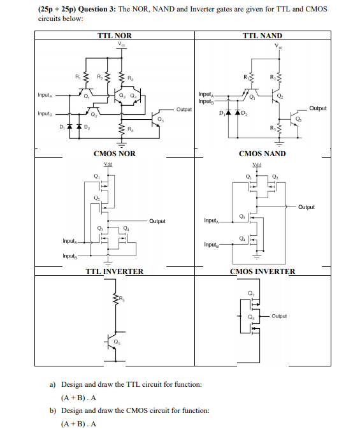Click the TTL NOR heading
[x=115, y=36]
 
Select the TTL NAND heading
[x=263, y=36]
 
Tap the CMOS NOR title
[x=115, y=154]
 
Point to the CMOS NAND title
[x=262, y=154]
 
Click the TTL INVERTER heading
[x=115, y=271]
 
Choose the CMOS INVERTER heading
[x=262, y=271]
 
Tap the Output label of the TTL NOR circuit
[x=185, y=110]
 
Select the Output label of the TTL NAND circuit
[x=317, y=108]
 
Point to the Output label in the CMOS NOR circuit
[x=157, y=221]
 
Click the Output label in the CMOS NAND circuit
[x=306, y=207]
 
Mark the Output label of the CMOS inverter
[x=279, y=315]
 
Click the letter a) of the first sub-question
[x=54, y=385]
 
